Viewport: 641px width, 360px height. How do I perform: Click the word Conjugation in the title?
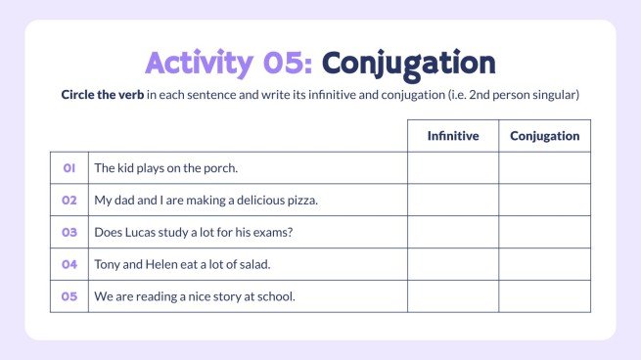pos(408,63)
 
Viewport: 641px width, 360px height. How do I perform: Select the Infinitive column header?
pos(453,136)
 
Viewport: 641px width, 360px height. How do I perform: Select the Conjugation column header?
pos(545,136)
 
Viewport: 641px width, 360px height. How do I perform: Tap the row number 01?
pos(69,168)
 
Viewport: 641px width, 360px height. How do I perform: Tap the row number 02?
pos(69,201)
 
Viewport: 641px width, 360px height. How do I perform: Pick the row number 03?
pos(69,233)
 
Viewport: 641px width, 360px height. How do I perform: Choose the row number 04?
pos(69,264)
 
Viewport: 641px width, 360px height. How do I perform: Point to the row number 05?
pos(69,296)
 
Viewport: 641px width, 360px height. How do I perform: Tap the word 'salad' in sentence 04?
pos(254,264)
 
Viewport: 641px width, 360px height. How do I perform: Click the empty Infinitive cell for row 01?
pos(453,168)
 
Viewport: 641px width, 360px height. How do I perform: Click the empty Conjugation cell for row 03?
pos(545,233)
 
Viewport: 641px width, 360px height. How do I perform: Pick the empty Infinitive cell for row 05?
pos(453,296)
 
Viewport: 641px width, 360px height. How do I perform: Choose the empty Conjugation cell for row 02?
pos(545,201)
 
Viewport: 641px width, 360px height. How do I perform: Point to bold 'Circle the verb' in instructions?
pos(103,98)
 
